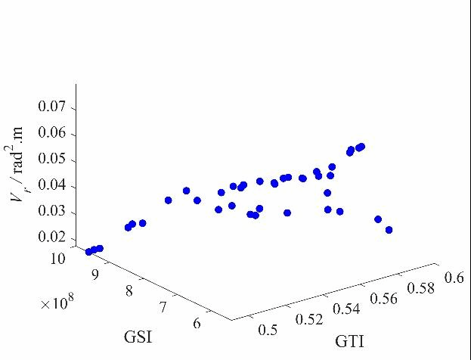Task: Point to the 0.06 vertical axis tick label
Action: (x=52, y=134)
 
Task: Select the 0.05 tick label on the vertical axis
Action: (x=52, y=160)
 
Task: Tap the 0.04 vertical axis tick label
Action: (x=52, y=186)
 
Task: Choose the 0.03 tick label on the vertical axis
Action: (x=52, y=212)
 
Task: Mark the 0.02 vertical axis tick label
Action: (x=52, y=237)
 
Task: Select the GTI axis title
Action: (x=350, y=342)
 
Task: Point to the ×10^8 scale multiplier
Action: (x=58, y=303)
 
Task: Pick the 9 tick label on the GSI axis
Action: (x=95, y=274)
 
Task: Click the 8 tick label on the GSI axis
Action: (x=129, y=290)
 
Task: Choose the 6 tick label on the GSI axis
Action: (x=197, y=324)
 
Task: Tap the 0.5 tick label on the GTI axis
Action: (x=268, y=329)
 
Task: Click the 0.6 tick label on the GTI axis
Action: (x=454, y=278)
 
